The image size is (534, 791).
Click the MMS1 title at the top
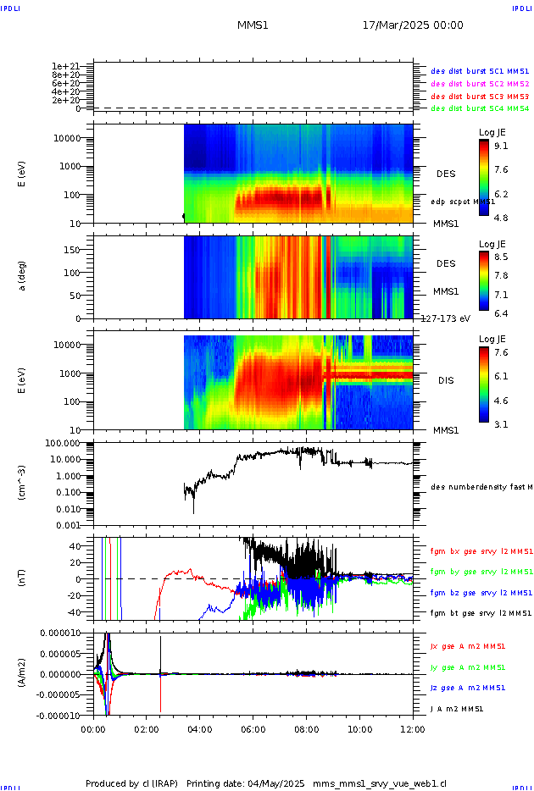tap(253, 25)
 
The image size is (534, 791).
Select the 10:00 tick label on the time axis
tap(360, 728)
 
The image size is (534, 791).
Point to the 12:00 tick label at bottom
tap(413, 728)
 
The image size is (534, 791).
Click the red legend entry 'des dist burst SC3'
tap(480, 96)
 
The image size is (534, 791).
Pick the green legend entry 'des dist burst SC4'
tap(480, 108)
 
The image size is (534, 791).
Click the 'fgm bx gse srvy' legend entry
tap(480, 551)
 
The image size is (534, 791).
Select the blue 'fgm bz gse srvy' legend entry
tap(480, 592)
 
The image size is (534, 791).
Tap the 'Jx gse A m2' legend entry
tap(480, 646)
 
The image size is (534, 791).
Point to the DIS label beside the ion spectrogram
tap(446, 380)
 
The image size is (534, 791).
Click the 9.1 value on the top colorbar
tap(501, 146)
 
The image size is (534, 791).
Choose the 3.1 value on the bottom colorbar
tap(501, 424)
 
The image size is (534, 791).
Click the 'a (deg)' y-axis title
tap(24, 276)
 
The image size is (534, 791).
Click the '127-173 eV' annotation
tap(446, 319)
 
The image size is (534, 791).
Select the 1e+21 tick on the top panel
tap(65, 66)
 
